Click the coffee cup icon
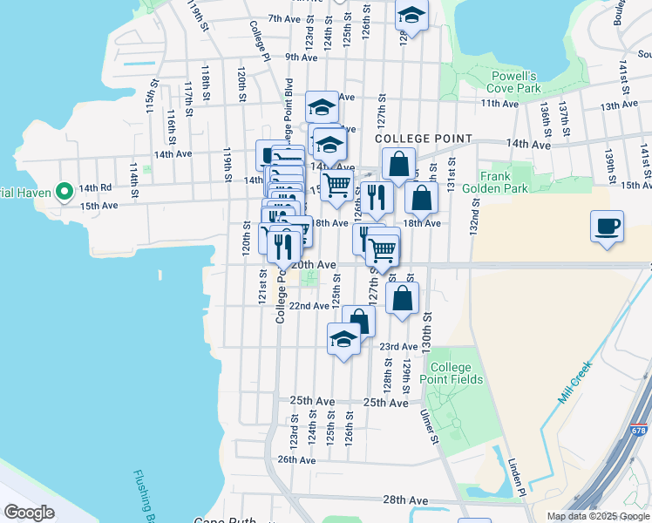coord(607,227)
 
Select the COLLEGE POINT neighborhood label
coord(423,139)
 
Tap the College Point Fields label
coord(451,373)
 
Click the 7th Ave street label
coord(283,17)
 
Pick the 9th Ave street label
coord(300,58)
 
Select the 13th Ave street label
coord(620,105)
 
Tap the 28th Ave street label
coord(405,499)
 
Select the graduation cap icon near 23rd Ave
coord(343,339)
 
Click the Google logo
coord(30,513)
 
